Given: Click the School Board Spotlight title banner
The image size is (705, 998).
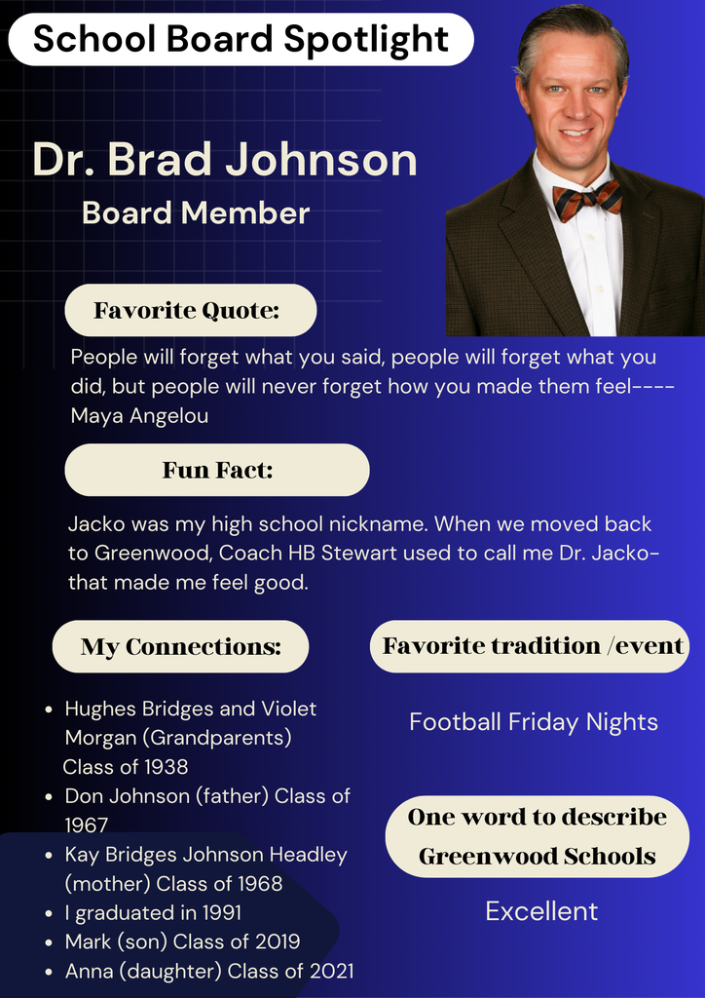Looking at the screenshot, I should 241,39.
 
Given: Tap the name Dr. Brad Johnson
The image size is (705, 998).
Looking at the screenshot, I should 225,160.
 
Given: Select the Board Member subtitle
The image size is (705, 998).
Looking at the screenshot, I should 196,212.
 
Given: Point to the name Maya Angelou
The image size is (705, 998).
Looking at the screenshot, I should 140,416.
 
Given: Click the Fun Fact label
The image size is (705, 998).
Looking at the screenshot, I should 217,471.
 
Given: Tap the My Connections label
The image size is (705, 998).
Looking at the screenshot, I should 180,647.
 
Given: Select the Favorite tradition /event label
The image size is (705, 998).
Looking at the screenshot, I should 533,646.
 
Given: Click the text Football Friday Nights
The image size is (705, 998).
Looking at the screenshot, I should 534,722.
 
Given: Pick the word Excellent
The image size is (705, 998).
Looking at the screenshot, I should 541,911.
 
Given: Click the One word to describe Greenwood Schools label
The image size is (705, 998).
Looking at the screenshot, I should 537,836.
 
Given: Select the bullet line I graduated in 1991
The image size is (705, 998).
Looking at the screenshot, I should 153,913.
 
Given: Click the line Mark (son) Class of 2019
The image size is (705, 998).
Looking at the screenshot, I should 182,942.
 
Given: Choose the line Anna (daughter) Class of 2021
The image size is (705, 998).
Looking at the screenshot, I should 209,971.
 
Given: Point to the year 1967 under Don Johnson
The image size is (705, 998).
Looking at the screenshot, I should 87,825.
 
